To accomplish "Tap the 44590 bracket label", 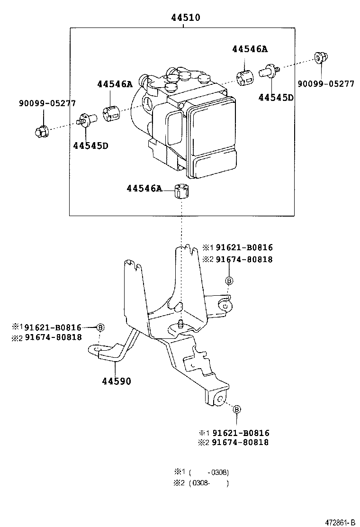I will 116,382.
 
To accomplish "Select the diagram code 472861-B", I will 339,522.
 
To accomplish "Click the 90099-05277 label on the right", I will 326,84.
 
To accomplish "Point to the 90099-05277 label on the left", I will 47,103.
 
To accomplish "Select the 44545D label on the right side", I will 276,98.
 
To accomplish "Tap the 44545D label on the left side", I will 90,145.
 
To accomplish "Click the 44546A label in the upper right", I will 250,49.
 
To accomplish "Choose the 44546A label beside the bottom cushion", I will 144,189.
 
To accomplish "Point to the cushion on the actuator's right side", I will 245,77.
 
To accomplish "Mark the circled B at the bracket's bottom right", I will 237,409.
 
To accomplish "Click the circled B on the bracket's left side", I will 100,327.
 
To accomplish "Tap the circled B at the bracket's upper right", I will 228,281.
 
